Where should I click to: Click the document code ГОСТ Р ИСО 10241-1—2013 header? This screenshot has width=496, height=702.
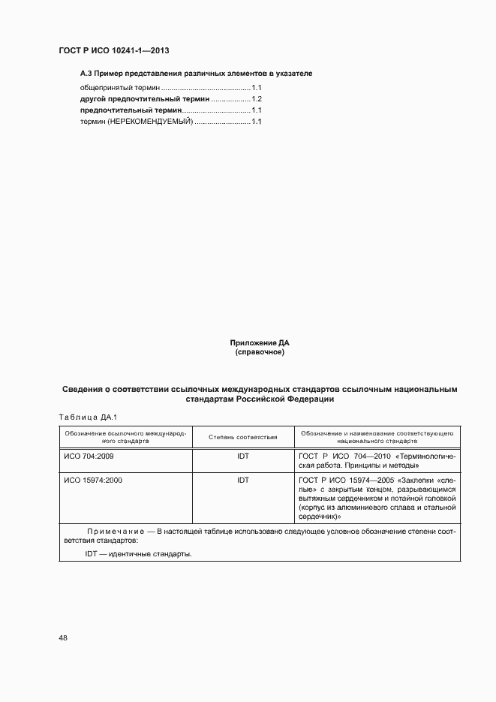[113, 50]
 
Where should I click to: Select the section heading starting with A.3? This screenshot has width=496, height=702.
[196, 74]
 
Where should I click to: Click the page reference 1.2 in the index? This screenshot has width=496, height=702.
[257, 99]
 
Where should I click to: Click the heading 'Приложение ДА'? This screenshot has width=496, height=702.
[260, 343]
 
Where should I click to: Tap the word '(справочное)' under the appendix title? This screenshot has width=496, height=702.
[260, 352]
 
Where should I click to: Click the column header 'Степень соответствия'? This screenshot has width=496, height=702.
[243, 437]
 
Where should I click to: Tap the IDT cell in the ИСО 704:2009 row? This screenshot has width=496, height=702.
[243, 456]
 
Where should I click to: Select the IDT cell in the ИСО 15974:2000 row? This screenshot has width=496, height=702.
[243, 480]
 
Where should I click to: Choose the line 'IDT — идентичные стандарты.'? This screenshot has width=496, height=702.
[138, 554]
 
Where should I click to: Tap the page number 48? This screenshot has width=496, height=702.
[63, 638]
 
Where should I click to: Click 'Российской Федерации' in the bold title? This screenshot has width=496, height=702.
[287, 399]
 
